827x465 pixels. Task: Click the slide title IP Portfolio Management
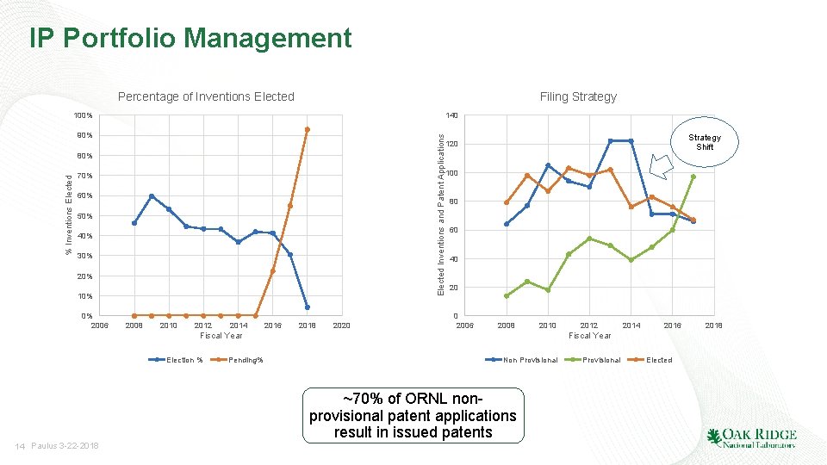coord(190,39)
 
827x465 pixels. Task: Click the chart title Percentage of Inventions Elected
coord(206,96)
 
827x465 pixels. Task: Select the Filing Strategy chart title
coord(578,96)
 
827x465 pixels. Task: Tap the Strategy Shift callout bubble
coord(704,142)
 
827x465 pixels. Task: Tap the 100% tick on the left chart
coord(83,115)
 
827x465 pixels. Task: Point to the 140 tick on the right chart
coord(452,115)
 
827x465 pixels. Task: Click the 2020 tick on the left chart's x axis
coord(341,325)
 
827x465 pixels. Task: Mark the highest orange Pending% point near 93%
coord(308,130)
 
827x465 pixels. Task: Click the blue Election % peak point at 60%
coord(152,196)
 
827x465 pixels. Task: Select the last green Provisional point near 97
coord(693,177)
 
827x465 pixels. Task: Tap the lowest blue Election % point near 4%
coord(308,307)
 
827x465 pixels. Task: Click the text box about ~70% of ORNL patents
coord(413,415)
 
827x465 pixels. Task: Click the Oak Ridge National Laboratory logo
coord(751,437)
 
